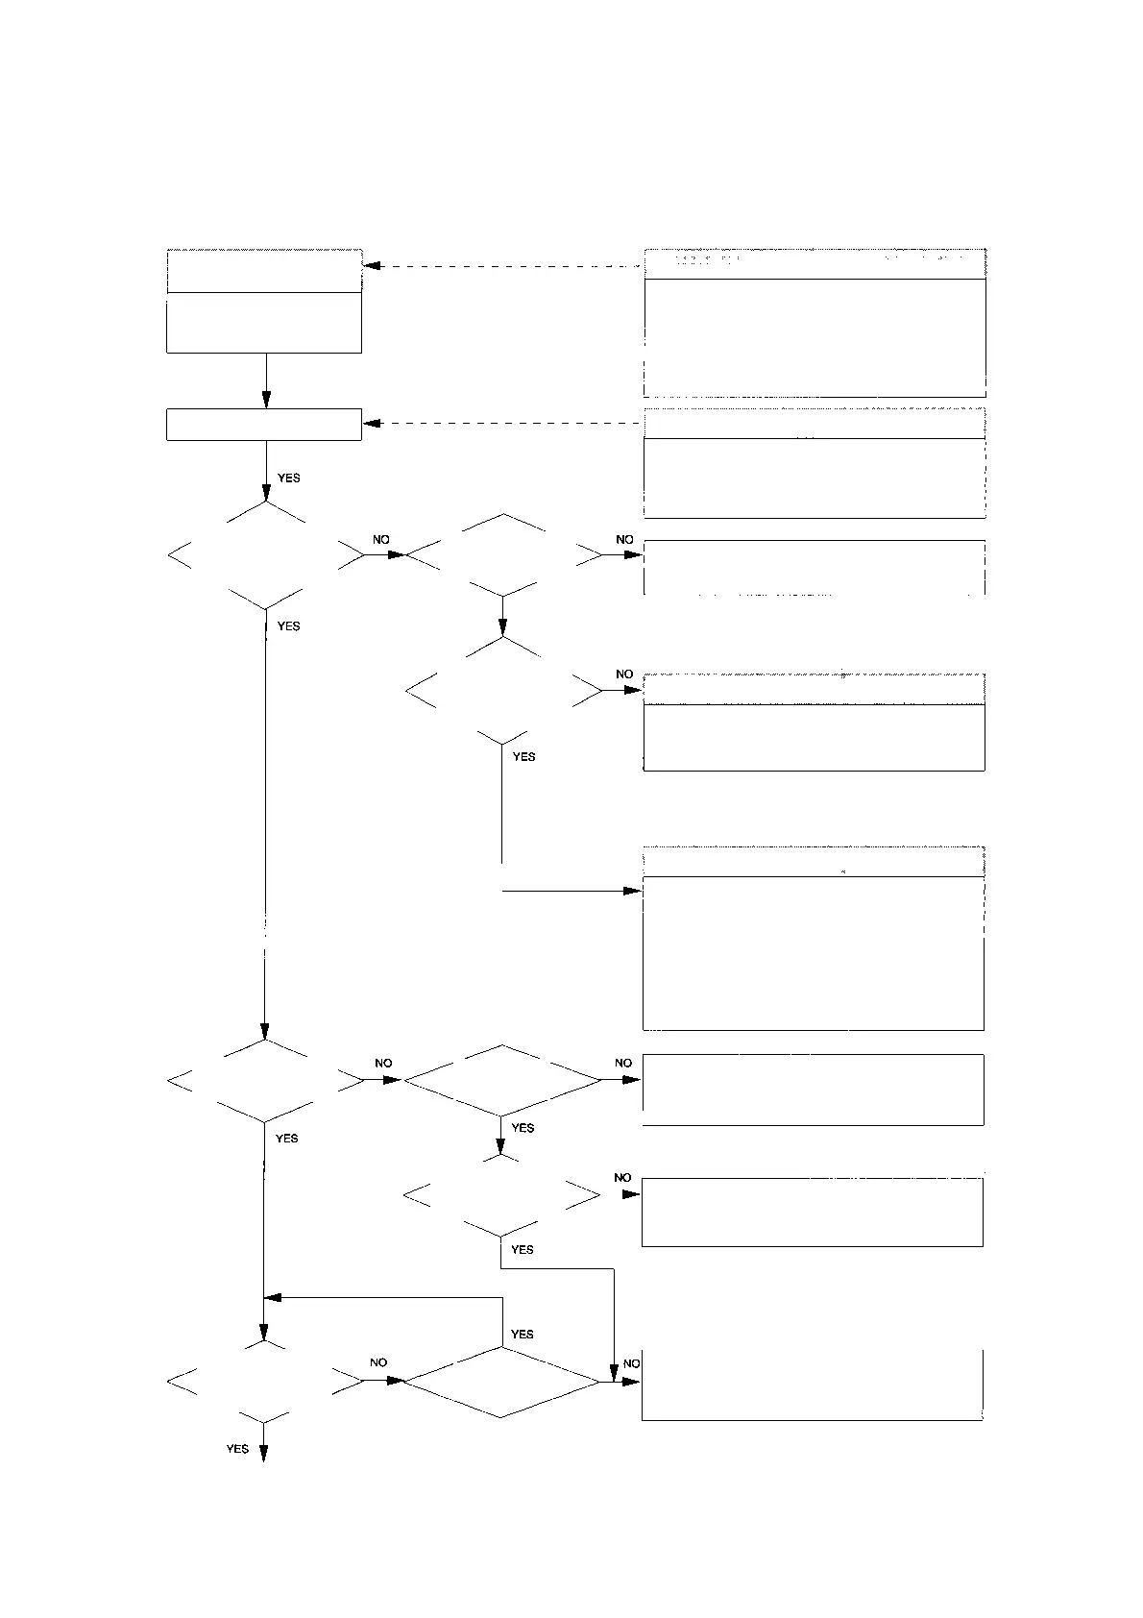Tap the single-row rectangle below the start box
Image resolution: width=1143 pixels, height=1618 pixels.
click(x=264, y=425)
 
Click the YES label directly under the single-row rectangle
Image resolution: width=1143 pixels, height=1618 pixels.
click(x=288, y=478)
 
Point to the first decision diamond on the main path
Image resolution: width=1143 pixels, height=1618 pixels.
click(x=266, y=555)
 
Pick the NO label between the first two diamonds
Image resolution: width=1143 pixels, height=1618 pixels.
click(x=381, y=540)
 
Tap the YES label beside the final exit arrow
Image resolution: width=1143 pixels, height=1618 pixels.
click(x=237, y=1449)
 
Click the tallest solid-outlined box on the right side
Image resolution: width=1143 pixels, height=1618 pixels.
click(x=814, y=951)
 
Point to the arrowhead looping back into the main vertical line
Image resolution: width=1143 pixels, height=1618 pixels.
click(x=273, y=1297)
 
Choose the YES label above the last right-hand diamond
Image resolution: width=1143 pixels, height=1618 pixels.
click(x=523, y=1334)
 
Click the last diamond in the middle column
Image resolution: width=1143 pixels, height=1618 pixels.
click(x=501, y=1382)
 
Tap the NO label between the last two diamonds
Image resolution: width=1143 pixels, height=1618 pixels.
click(x=378, y=1362)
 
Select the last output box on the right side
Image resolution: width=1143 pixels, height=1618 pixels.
click(x=813, y=1385)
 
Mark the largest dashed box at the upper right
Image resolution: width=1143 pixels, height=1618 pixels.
click(x=815, y=323)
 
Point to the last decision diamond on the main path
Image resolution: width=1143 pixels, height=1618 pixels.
click(x=265, y=1382)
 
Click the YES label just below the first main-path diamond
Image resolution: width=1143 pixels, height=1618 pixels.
click(x=288, y=626)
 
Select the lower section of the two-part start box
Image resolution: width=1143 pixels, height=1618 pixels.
click(x=264, y=323)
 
